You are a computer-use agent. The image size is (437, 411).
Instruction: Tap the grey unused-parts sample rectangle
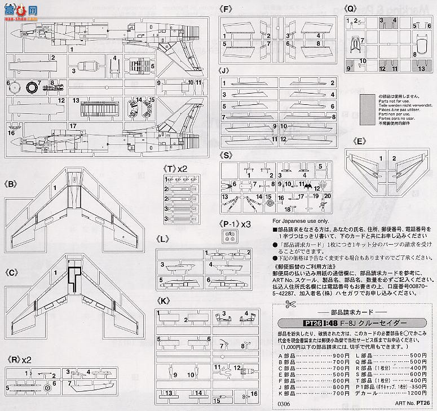click(x=367, y=109)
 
